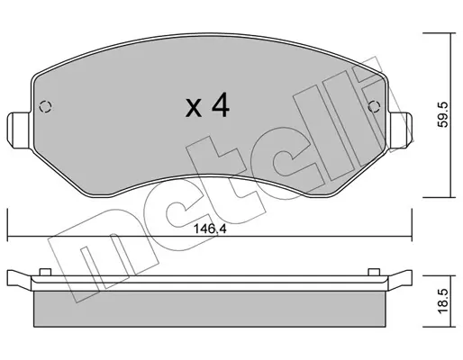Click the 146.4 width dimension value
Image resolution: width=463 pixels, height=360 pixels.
[x=210, y=229]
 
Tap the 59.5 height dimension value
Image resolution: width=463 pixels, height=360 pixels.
[x=442, y=114]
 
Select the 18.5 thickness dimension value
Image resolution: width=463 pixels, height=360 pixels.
[x=442, y=301]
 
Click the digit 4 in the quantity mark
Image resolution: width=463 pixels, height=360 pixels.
[x=221, y=104]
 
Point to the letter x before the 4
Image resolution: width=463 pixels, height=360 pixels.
[x=194, y=108]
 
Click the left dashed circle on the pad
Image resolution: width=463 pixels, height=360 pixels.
[x=46, y=106]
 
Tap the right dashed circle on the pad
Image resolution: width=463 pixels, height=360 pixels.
[x=374, y=106]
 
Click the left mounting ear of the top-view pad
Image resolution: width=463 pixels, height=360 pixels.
[x=19, y=130]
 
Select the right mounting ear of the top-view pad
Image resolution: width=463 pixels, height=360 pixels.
[x=401, y=130]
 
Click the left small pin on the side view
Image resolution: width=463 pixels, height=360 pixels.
[x=45, y=272]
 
